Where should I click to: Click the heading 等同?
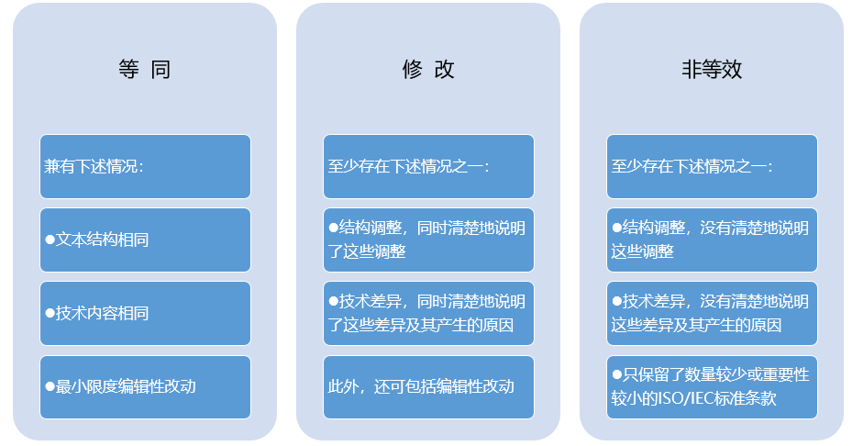[145, 70]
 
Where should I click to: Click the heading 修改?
[428, 70]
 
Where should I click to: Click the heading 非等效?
[712, 70]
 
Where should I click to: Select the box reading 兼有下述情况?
[145, 166]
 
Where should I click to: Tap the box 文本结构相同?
[145, 240]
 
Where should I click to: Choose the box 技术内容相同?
[145, 313]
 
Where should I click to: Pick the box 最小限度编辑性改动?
[145, 387]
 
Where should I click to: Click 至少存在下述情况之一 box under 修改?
[428, 166]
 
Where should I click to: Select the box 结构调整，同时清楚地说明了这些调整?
[428, 240]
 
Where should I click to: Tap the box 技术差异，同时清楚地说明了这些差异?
[428, 313]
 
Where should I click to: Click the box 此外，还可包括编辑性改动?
[428, 387]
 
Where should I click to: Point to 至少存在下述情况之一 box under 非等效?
[712, 166]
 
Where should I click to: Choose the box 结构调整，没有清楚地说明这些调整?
[712, 240]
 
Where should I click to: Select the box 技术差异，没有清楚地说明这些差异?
[712, 313]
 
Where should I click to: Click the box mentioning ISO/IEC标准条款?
[712, 387]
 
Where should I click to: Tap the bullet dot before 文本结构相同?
[50, 240]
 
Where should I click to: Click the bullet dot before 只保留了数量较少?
[616, 374]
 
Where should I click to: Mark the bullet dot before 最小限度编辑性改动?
[50, 386]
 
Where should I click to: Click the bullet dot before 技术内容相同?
[50, 313]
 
